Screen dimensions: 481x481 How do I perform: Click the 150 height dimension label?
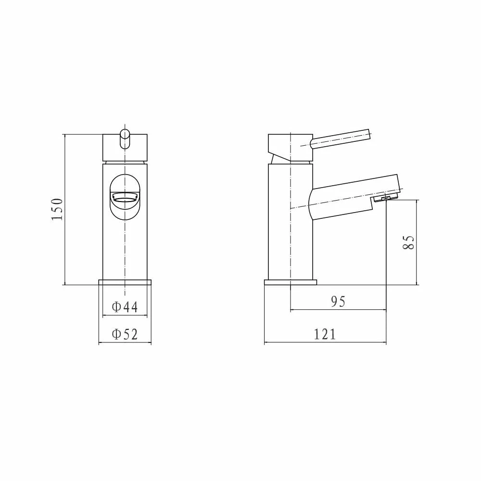57,209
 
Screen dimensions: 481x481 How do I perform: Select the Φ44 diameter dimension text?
125,307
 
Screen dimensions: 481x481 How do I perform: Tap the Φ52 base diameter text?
125,334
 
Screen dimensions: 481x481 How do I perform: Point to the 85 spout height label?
408,241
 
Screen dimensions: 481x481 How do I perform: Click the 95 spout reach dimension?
338,302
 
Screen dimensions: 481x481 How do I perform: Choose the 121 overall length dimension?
325,334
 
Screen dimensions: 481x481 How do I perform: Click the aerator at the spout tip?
385,199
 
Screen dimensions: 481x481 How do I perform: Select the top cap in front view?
125,147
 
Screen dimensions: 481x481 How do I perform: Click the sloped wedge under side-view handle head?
279,158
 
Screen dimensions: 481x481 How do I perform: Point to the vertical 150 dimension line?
64,250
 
